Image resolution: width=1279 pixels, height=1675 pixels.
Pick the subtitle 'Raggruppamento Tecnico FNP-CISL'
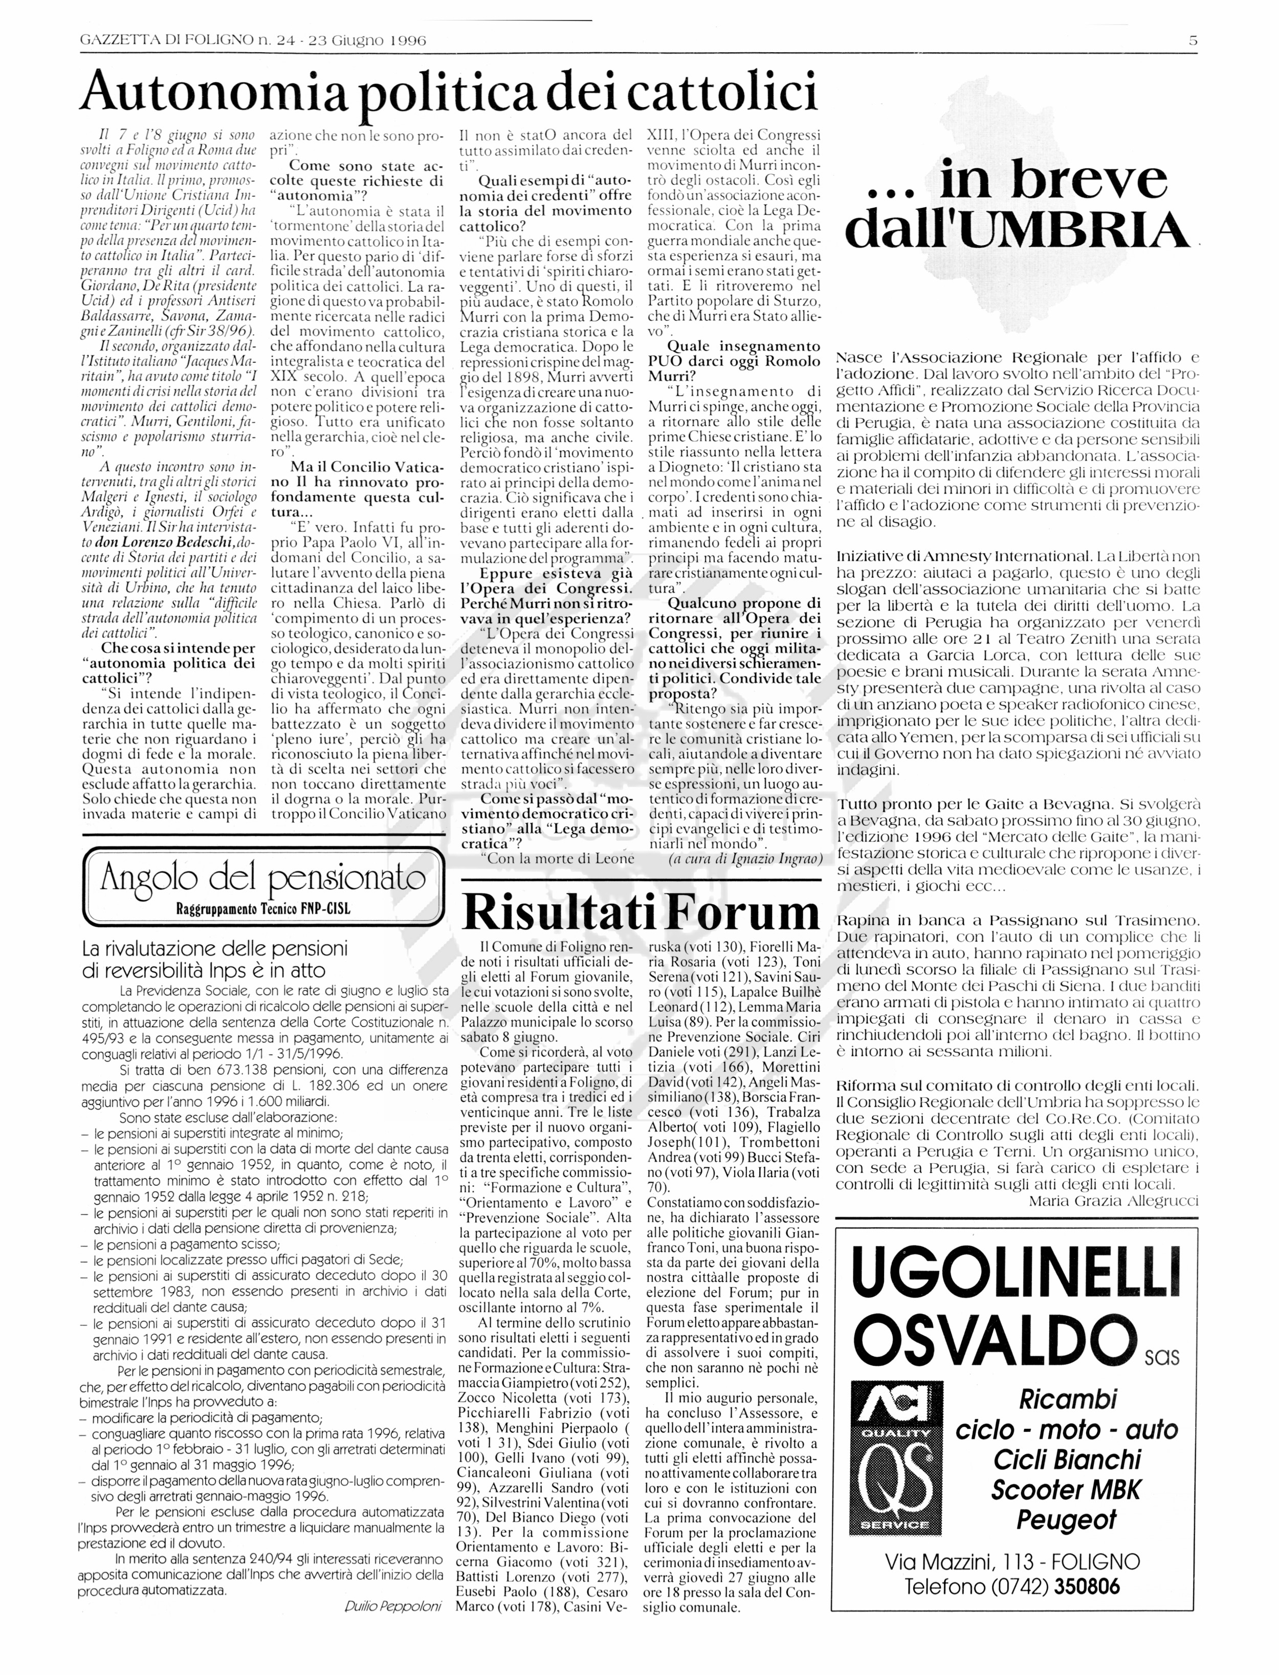click(262, 908)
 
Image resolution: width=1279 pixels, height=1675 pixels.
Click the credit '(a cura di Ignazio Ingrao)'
click(744, 859)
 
